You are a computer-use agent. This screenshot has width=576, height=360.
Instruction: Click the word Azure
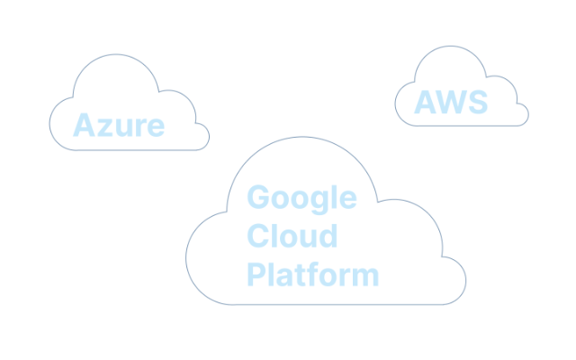119,125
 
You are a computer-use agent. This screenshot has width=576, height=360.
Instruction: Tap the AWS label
451,102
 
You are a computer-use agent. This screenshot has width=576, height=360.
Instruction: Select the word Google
301,199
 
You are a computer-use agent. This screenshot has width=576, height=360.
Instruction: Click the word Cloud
292,236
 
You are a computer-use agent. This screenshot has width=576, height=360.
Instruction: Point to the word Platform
313,274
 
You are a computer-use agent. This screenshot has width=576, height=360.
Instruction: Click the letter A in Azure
84,125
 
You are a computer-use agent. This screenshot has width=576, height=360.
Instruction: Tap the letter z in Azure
105,128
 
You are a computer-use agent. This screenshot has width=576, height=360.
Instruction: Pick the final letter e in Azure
156,128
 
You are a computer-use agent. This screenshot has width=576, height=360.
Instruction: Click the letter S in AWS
478,102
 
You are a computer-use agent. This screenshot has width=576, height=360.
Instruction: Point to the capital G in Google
258,197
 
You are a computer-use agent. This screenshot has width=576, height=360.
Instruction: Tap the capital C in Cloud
258,236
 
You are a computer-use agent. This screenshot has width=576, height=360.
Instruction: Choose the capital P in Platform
256,274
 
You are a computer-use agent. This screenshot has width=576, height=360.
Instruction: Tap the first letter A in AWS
426,102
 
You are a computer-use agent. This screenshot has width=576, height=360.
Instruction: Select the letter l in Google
334,197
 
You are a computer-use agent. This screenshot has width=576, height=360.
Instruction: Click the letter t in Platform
300,275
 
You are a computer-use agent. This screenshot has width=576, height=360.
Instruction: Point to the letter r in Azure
141,128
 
